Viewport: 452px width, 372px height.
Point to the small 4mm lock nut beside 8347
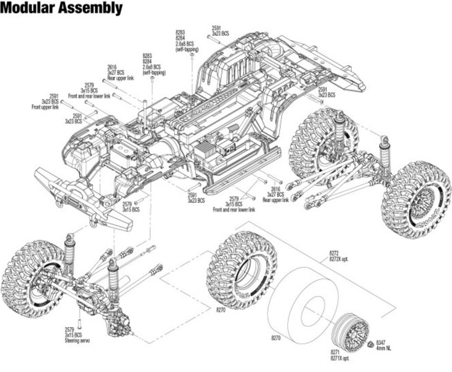coord(370,343)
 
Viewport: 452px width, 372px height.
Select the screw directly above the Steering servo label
coord(79,323)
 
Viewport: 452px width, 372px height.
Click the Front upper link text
coord(45,106)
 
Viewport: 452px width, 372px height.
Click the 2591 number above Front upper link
coord(54,96)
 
